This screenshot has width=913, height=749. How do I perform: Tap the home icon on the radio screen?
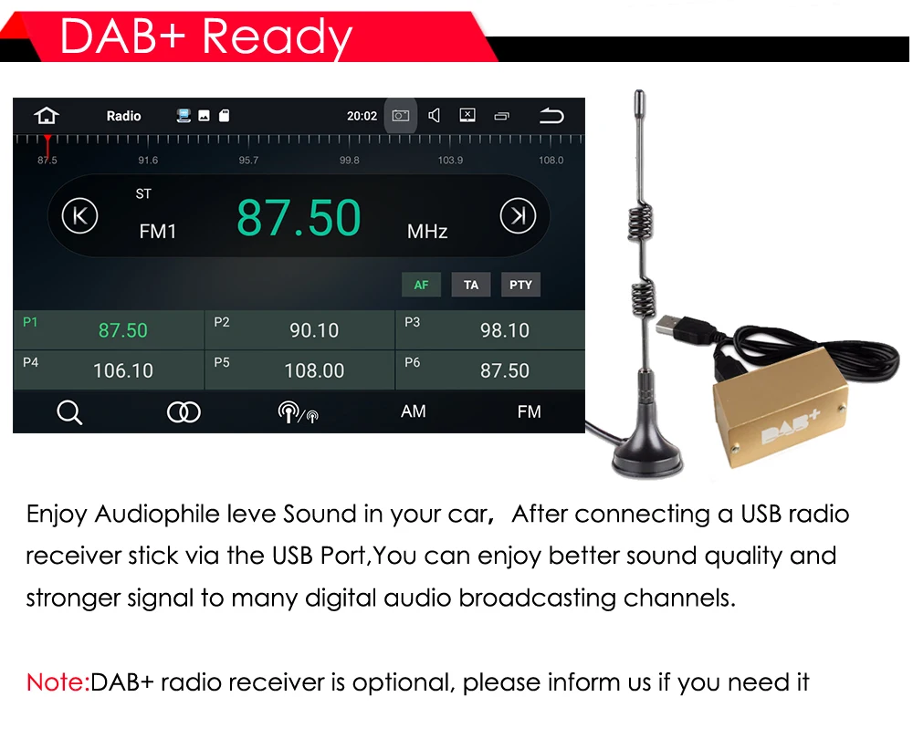(47, 116)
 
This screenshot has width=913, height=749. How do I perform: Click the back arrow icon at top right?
(551, 116)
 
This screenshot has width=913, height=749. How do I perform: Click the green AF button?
(421, 285)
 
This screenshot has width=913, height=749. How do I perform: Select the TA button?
(471, 285)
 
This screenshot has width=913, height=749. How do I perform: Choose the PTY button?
(520, 285)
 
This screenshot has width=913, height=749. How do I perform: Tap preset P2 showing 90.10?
(299, 329)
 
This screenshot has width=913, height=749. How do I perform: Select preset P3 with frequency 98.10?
(490, 329)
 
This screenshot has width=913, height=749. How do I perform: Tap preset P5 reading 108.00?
(299, 370)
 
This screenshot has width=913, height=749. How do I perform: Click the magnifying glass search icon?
(69, 412)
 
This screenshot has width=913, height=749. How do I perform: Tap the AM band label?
(414, 411)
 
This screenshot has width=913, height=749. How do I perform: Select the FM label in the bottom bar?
(530, 411)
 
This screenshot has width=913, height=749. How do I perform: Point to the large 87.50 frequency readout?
(299, 218)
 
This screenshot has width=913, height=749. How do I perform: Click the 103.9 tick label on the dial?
(450, 161)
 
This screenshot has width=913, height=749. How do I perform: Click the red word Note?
(57, 681)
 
